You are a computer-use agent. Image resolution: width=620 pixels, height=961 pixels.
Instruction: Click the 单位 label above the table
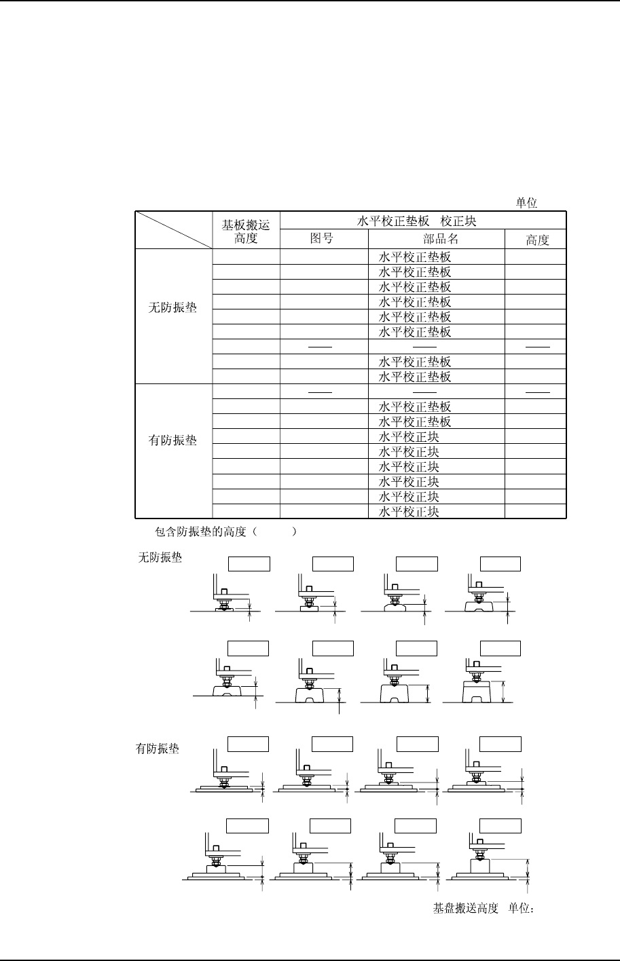pos(526,204)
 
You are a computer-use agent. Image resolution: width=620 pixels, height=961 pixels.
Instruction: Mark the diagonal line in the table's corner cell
pos(173,230)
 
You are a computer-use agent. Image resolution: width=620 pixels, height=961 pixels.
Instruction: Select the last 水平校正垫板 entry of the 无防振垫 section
pos(414,377)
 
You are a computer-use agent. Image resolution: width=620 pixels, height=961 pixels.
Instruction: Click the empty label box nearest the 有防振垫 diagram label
pos(248,744)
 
